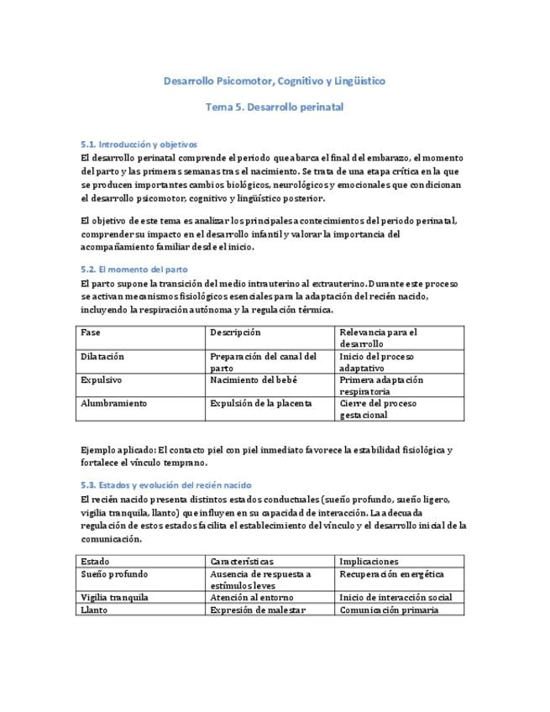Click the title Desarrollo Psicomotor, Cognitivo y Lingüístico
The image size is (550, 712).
pos(275,81)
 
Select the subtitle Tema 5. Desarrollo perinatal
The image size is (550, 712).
pos(275,107)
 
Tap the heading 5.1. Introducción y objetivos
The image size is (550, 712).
pos(139,144)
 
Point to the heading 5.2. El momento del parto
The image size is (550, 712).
pos(134,270)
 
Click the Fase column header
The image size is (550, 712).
pos(91,332)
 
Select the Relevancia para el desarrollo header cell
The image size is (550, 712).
pos(377,338)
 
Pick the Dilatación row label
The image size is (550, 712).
pos(102,357)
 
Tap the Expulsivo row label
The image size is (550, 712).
pos(101,380)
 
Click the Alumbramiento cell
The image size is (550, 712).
pos(113,404)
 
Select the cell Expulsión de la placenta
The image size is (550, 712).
pos(260,404)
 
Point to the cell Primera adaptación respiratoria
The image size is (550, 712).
pos(380,385)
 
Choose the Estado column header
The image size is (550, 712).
pos(95,562)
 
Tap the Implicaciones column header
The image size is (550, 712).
pos(369,562)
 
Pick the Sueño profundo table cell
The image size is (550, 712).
pos(114,574)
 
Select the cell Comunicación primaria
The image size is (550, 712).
pos(389,610)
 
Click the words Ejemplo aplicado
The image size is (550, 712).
pos(117,450)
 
